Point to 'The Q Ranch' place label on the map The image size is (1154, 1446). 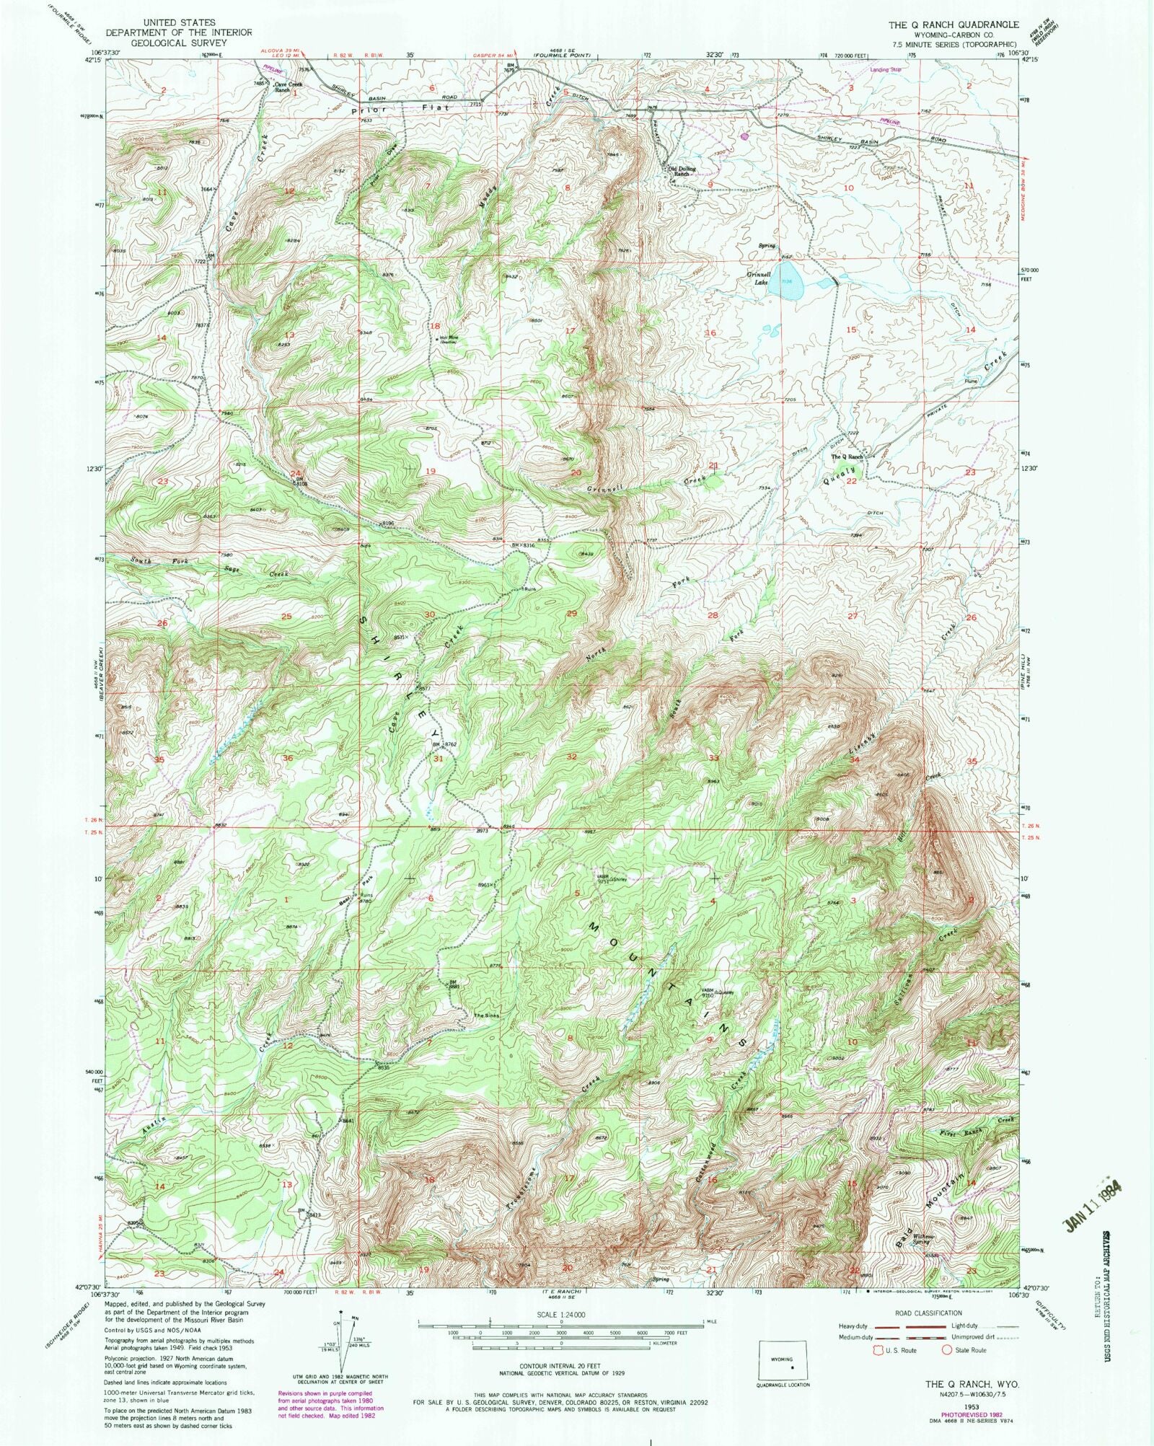(847, 457)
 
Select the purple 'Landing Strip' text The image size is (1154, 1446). (886, 70)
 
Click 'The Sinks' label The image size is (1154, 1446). (485, 1016)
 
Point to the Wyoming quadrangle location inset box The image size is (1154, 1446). (783, 1362)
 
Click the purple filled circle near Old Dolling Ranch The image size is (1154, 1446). (744, 135)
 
